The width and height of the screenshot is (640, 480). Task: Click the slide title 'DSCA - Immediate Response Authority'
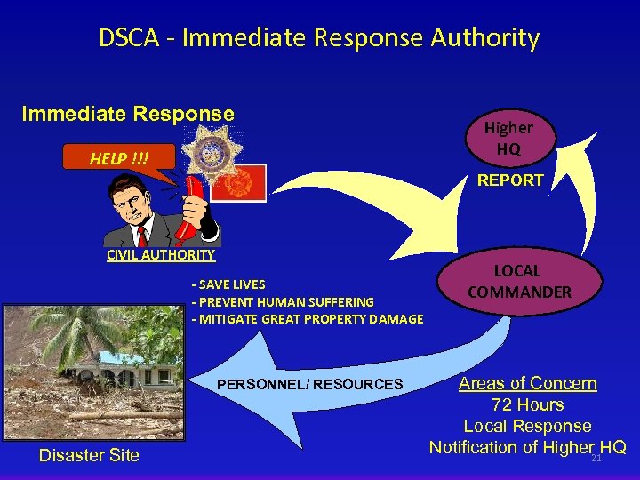point(319,38)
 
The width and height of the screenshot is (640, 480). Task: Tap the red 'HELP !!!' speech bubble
point(118,158)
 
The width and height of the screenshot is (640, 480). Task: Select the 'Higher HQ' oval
point(508,139)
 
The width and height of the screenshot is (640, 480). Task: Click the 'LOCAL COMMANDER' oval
point(519,282)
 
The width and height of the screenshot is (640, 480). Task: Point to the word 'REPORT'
point(510,180)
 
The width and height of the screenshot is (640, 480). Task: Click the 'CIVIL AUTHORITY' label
point(161,255)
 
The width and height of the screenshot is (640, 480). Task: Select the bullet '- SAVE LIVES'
point(228,284)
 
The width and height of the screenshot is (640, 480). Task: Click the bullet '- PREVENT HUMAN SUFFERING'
point(283,302)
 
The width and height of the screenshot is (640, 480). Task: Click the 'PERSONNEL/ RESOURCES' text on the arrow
point(310,385)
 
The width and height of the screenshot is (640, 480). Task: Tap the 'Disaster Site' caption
point(89,455)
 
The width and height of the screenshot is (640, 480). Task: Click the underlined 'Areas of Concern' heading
point(527,383)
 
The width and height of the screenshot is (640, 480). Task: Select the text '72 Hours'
point(528,404)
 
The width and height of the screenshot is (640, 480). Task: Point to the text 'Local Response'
point(527,426)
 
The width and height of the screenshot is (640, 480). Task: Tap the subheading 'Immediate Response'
point(128,114)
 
